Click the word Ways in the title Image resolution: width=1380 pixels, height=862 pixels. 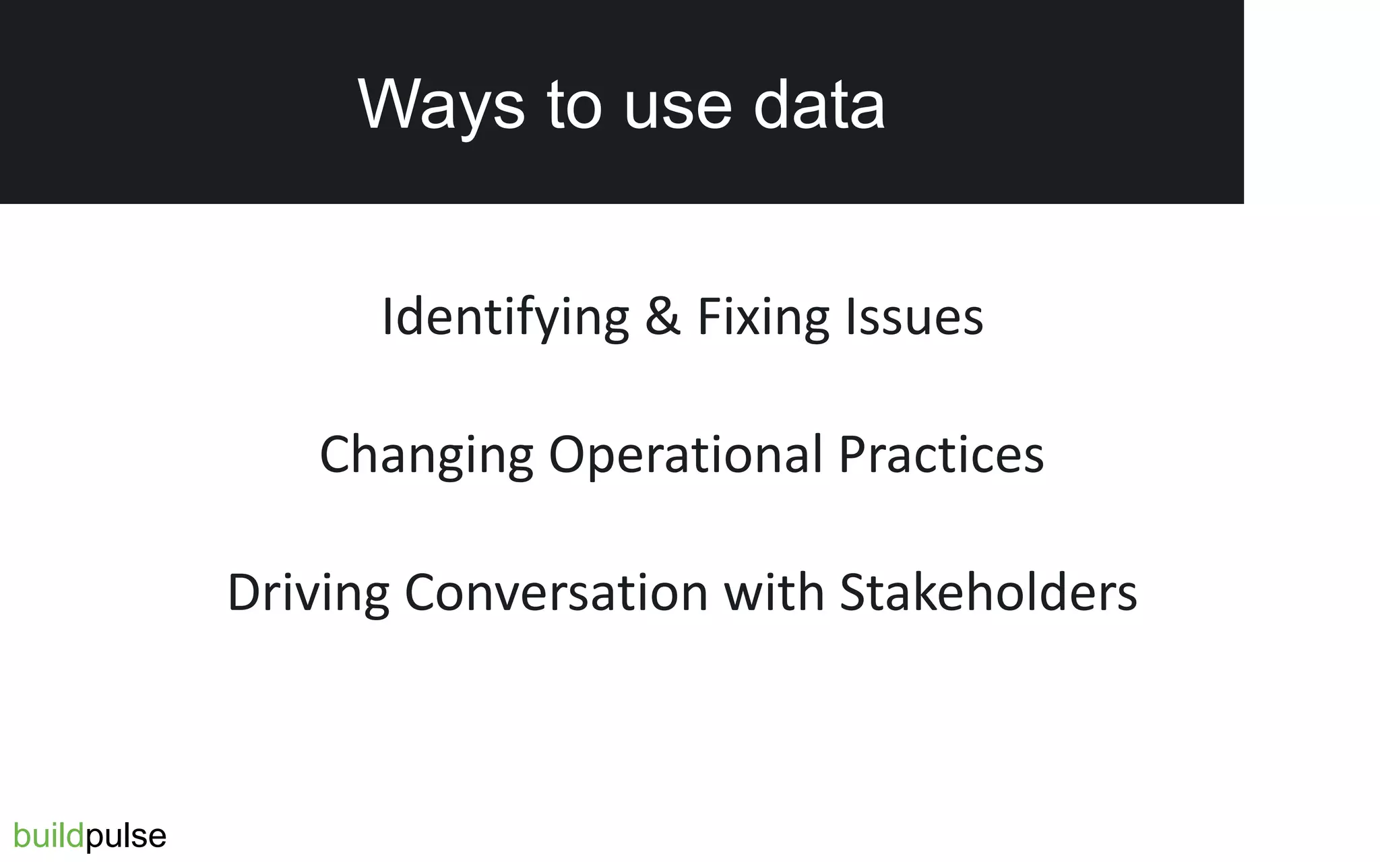click(x=441, y=105)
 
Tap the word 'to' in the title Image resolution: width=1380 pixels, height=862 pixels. click(x=574, y=105)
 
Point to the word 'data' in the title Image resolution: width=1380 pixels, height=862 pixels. click(x=819, y=105)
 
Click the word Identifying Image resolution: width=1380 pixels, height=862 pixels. click(x=505, y=317)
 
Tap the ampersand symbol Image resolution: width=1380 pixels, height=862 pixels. click(x=662, y=317)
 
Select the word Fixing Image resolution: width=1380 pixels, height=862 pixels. click(x=763, y=317)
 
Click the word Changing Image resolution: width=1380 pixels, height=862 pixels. click(x=426, y=455)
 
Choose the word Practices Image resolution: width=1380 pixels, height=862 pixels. click(x=941, y=454)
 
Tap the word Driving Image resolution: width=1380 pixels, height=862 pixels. click(x=308, y=593)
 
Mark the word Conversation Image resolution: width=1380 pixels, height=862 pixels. click(x=556, y=593)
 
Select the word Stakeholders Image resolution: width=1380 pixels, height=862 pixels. click(x=988, y=593)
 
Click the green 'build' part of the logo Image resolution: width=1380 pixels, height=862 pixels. click(x=49, y=836)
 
